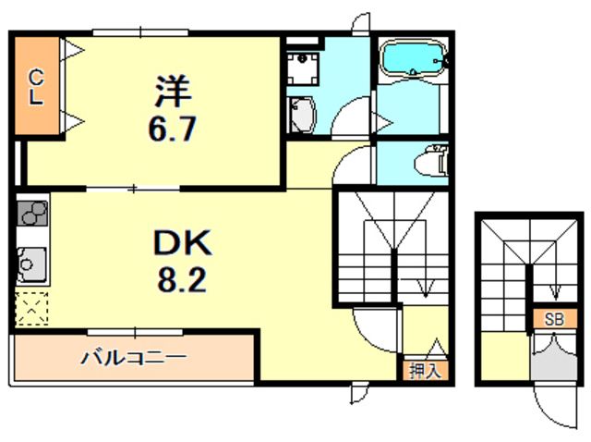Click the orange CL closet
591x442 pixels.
point(36,86)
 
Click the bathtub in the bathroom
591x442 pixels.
point(412,58)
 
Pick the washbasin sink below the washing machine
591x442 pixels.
point(302,115)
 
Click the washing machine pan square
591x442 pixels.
point(301,64)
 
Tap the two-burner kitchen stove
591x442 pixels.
point(32,215)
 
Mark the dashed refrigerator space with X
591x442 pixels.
point(31,308)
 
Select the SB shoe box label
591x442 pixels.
point(553,319)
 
